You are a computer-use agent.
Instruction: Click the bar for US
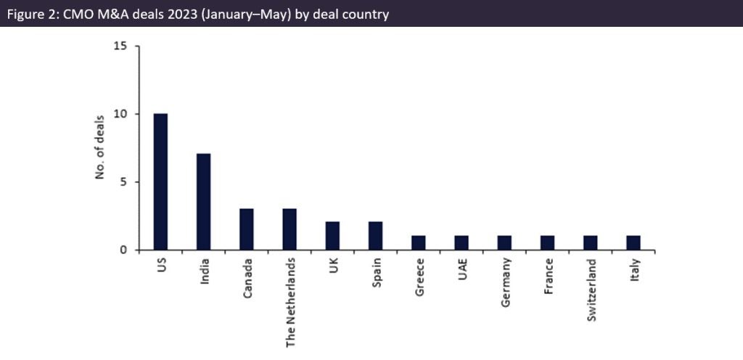point(160,181)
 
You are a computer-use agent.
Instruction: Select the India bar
point(203,202)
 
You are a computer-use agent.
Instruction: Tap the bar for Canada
point(246,229)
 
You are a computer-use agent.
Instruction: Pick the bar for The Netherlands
point(290,229)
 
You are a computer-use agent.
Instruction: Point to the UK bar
point(332,236)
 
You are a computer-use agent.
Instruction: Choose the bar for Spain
point(375,236)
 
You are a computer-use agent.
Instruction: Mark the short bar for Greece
point(418,243)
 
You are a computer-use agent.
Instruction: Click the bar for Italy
point(633,243)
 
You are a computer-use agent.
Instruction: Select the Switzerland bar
point(590,243)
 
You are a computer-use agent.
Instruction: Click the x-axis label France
point(548,276)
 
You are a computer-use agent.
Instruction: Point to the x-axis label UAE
point(461,269)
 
